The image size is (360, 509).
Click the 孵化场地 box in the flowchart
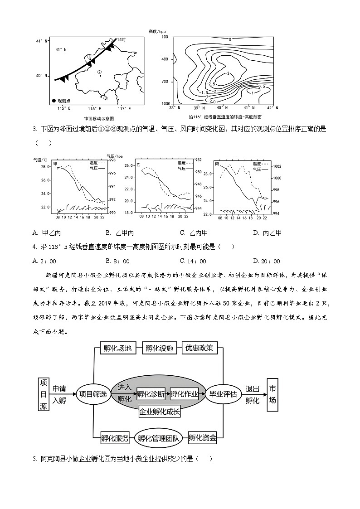117,348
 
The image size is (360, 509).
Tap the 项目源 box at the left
44,394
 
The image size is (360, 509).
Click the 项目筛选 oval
92,394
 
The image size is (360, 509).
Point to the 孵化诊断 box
151,394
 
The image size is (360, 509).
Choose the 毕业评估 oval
223,394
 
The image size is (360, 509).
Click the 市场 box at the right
272,394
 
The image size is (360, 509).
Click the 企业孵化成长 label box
159,412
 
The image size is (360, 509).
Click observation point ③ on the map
102,97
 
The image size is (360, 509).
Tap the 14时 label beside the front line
121,40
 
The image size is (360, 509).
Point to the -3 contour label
228,73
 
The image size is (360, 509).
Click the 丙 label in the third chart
218,163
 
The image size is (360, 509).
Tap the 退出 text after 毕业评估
252,388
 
